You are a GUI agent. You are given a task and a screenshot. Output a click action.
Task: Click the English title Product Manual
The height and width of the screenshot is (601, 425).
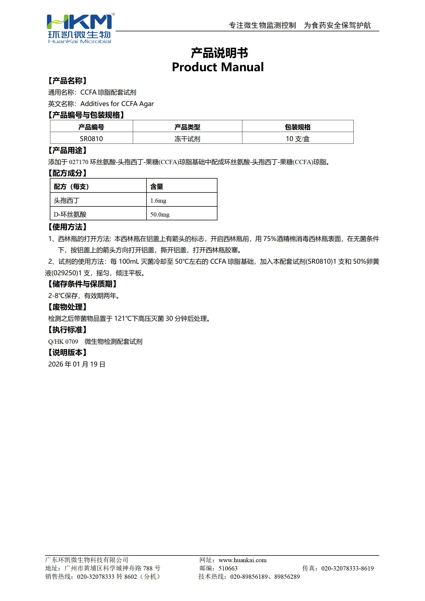(217, 67)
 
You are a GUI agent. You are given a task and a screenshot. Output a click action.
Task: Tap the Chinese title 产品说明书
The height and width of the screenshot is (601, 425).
(219, 53)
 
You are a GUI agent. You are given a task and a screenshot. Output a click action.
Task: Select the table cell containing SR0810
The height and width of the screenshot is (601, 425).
(91, 139)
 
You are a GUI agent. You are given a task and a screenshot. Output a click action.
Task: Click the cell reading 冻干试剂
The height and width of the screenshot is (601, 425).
(187, 139)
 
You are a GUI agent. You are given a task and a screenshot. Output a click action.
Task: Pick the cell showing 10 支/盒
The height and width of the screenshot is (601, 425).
(298, 139)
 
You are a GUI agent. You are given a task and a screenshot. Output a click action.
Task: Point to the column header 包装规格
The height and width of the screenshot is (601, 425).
(298, 127)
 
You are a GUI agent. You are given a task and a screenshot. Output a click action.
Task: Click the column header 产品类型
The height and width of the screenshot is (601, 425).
(187, 127)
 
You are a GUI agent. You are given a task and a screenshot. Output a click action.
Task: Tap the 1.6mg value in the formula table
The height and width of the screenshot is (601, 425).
(158, 201)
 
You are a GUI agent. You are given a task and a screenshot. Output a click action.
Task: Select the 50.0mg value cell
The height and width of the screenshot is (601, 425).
(160, 214)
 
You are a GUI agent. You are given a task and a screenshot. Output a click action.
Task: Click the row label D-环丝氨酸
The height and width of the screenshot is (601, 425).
(70, 214)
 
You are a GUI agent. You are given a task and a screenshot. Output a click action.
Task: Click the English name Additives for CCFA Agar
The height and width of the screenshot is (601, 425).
(117, 104)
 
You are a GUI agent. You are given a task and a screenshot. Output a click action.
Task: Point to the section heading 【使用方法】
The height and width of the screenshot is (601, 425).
(67, 227)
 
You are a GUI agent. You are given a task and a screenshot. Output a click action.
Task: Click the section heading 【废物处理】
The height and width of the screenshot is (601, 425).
(67, 307)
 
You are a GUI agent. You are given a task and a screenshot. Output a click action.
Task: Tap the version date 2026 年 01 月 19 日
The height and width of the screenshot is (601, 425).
(77, 364)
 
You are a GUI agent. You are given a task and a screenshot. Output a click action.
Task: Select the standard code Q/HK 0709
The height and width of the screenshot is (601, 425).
(63, 342)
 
